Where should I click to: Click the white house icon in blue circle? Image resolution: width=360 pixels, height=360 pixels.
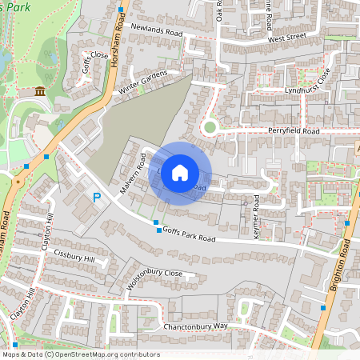pyautogui.click(x=180, y=173)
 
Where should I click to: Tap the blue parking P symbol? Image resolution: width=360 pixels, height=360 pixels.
pyautogui.click(x=97, y=197)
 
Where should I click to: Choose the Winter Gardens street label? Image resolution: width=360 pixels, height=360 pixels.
pyautogui.click(x=145, y=79)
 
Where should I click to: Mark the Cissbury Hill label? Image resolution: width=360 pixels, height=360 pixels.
pyautogui.click(x=74, y=259)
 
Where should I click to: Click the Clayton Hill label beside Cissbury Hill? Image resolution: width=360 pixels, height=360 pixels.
pyautogui.click(x=50, y=230)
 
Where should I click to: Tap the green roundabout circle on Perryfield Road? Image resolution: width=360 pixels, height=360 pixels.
pyautogui.click(x=210, y=126)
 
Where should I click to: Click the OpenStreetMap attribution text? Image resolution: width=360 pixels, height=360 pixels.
pyautogui.click(x=81, y=354)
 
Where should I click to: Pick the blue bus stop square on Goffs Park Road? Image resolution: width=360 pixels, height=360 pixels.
pyautogui.click(x=156, y=222)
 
